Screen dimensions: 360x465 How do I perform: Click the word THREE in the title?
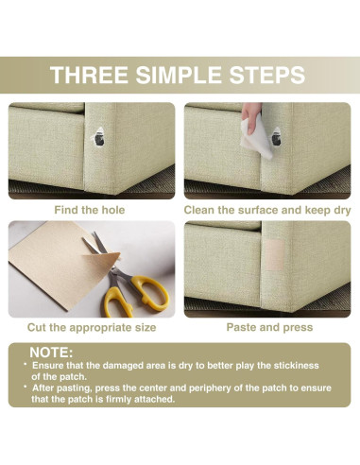click(x=89, y=75)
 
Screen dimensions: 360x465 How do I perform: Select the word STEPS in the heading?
click(x=267, y=75)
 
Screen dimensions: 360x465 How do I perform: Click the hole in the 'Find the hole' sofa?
click(x=99, y=138)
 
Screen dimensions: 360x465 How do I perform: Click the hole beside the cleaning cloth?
click(x=276, y=137)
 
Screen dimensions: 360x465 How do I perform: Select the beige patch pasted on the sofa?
click(x=274, y=254)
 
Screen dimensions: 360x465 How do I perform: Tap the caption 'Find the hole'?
click(x=90, y=210)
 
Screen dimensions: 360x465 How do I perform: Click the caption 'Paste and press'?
click(x=269, y=327)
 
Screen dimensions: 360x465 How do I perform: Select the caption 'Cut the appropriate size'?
click(x=92, y=328)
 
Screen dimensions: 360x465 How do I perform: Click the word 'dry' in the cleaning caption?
click(x=342, y=211)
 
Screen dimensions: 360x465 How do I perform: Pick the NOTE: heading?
click(x=51, y=353)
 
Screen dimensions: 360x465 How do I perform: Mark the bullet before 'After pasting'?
click(x=26, y=387)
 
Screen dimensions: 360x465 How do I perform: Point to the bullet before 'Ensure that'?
click(x=26, y=364)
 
